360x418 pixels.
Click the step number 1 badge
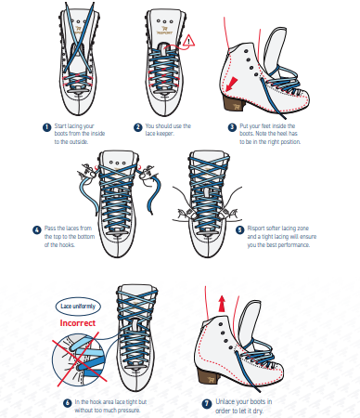point(46,127)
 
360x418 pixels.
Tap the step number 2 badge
point(138,127)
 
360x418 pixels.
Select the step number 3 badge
point(232,127)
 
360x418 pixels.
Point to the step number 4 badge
point(37,230)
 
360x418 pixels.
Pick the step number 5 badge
point(240,230)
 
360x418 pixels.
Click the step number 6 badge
point(68,403)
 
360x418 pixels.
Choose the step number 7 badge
point(207,403)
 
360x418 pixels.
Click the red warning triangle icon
point(188,41)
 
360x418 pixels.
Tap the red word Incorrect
point(78,323)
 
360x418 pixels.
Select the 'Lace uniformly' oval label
point(78,307)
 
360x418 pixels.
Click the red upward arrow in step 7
point(222,304)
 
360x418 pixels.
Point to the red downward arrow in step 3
point(231,85)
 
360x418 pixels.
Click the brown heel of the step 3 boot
point(234,103)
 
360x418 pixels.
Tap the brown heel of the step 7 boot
point(209,376)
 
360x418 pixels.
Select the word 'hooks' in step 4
point(67,245)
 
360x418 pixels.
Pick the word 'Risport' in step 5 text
point(256,229)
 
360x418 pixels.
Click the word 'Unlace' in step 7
point(226,401)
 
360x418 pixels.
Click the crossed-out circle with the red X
point(79,359)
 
